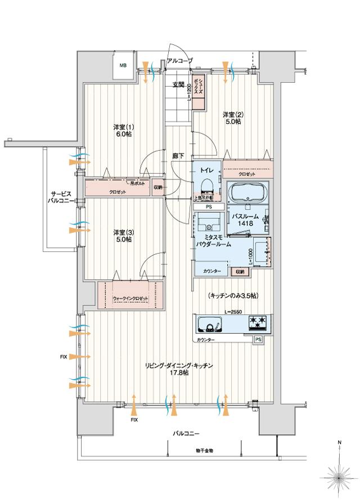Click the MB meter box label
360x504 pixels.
(x=123, y=65)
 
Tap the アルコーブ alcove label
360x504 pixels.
(x=179, y=60)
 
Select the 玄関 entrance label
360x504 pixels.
(x=178, y=85)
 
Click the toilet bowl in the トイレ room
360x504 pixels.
(x=205, y=185)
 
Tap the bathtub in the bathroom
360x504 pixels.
(x=249, y=195)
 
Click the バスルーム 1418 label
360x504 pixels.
(x=246, y=220)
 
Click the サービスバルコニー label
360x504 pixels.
(x=58, y=196)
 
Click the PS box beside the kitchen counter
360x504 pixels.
(x=258, y=340)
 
